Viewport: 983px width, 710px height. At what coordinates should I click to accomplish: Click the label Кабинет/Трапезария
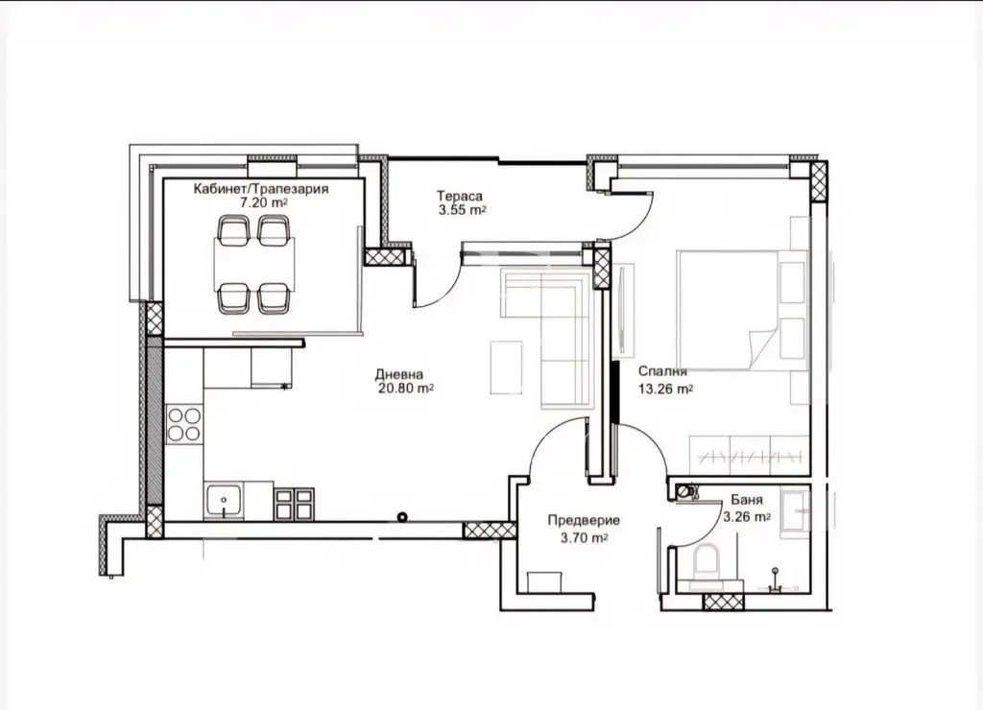click(261, 189)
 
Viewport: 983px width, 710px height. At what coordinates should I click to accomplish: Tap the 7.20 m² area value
click(264, 202)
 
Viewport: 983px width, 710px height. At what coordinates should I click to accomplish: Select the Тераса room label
click(460, 196)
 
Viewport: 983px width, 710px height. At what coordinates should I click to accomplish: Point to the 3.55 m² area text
click(462, 210)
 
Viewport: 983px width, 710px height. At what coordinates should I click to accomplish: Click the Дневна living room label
click(398, 375)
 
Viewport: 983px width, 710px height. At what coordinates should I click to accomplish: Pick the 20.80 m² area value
click(406, 389)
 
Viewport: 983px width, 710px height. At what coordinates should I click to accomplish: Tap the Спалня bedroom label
click(662, 371)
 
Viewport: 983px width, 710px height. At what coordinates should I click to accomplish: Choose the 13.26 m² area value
click(665, 390)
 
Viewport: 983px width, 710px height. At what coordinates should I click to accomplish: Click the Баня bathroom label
click(747, 500)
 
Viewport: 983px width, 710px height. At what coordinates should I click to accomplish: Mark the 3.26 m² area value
click(747, 517)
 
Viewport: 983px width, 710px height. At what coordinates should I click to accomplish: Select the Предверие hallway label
click(584, 520)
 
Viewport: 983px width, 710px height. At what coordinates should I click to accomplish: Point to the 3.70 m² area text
click(584, 537)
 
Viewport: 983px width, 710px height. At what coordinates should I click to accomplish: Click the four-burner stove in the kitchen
click(184, 424)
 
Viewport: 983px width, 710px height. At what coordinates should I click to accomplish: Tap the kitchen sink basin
click(224, 501)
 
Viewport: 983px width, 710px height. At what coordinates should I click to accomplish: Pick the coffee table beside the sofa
click(506, 367)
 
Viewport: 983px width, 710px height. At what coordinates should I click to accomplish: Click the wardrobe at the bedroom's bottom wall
click(749, 455)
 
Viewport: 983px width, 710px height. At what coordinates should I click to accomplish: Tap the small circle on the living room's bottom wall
click(402, 517)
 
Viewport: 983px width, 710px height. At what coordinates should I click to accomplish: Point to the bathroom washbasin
click(796, 514)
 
